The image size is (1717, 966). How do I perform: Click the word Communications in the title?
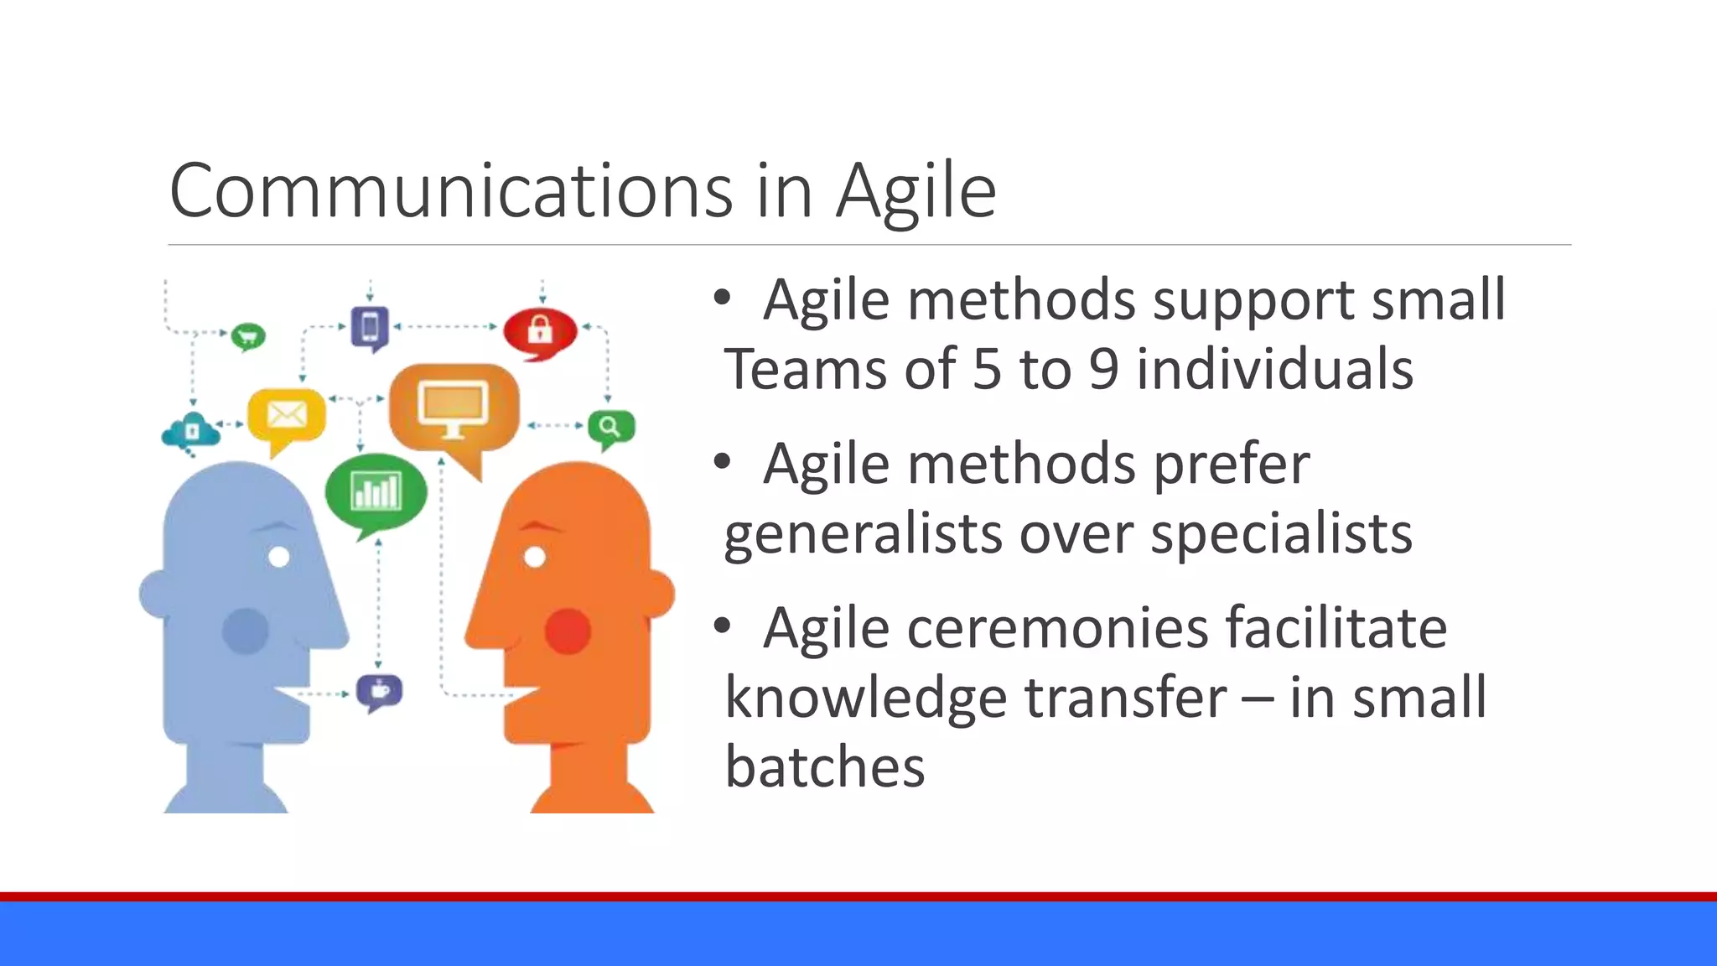coord(451,191)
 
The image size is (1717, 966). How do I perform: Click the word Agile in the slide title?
coord(916,191)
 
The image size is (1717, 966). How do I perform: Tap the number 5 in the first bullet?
coord(987,369)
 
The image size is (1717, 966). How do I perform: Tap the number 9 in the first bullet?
coord(1103,369)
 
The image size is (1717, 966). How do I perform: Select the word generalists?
coord(863,533)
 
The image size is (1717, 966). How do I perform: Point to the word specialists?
coord(1280,533)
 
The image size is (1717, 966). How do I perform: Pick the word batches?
coord(824,766)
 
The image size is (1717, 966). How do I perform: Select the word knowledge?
coord(864,698)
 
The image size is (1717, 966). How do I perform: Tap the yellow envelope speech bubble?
coord(286,415)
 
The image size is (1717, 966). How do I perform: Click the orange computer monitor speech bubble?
coord(454,408)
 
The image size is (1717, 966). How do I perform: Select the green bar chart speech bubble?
coord(376,492)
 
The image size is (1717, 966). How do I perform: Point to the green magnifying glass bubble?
coord(610,428)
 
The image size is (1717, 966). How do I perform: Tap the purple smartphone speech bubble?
coord(370,327)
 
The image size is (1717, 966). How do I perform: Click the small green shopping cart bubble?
coord(247,337)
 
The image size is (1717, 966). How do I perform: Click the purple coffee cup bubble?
coord(379,691)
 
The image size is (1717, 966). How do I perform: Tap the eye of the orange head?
coord(535,557)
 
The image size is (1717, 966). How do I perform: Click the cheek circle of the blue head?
coord(245,631)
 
